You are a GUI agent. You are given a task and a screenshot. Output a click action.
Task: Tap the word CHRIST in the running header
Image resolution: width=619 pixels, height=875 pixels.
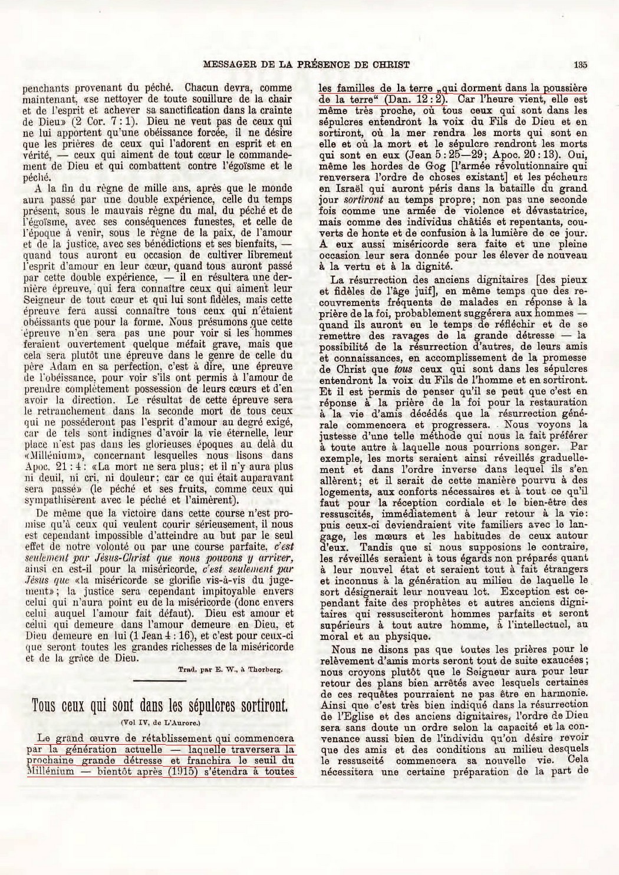[x=390, y=65]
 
